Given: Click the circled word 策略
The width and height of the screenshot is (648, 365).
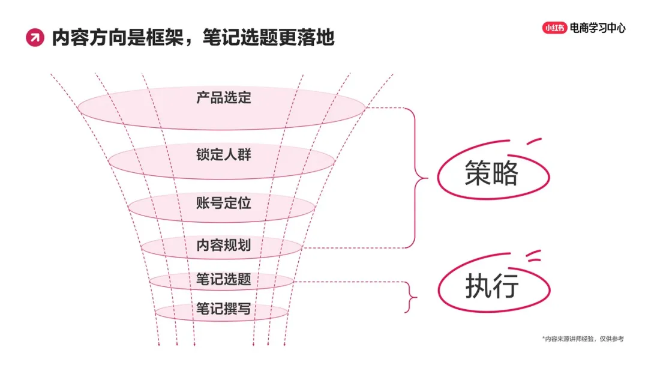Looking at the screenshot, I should tap(491, 175).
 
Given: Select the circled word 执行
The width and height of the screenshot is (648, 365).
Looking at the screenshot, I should tap(491, 288).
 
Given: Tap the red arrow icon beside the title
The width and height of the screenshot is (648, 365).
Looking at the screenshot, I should tap(35, 38).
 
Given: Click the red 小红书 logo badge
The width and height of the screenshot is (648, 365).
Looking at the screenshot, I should tap(554, 28).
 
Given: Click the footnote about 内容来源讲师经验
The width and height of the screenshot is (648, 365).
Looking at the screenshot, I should tap(583, 339).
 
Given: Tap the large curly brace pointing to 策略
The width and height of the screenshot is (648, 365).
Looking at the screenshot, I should tap(420, 178).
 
